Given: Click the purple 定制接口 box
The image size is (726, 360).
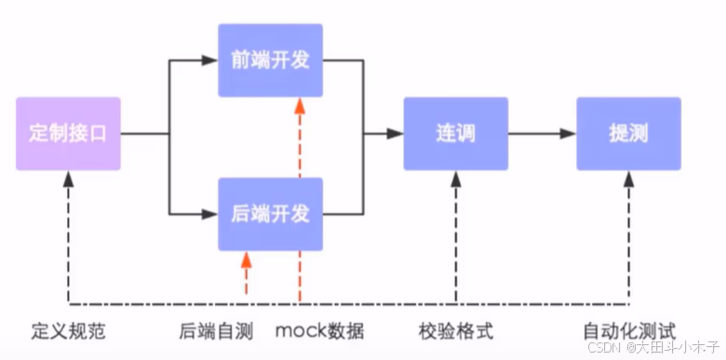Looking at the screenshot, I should tap(68, 133).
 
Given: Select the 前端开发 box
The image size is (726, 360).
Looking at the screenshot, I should tap(270, 60).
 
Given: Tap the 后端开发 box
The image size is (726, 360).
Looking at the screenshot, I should tap(270, 214).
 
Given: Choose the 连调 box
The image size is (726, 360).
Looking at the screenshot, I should tap(456, 133).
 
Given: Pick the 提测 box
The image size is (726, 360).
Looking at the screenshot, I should tap(628, 133).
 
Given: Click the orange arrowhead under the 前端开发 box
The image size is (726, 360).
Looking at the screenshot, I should tap(299, 105).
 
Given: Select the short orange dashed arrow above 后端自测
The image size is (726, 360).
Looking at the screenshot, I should tap(246, 274).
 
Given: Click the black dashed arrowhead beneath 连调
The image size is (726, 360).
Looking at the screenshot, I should tap(456, 180).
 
